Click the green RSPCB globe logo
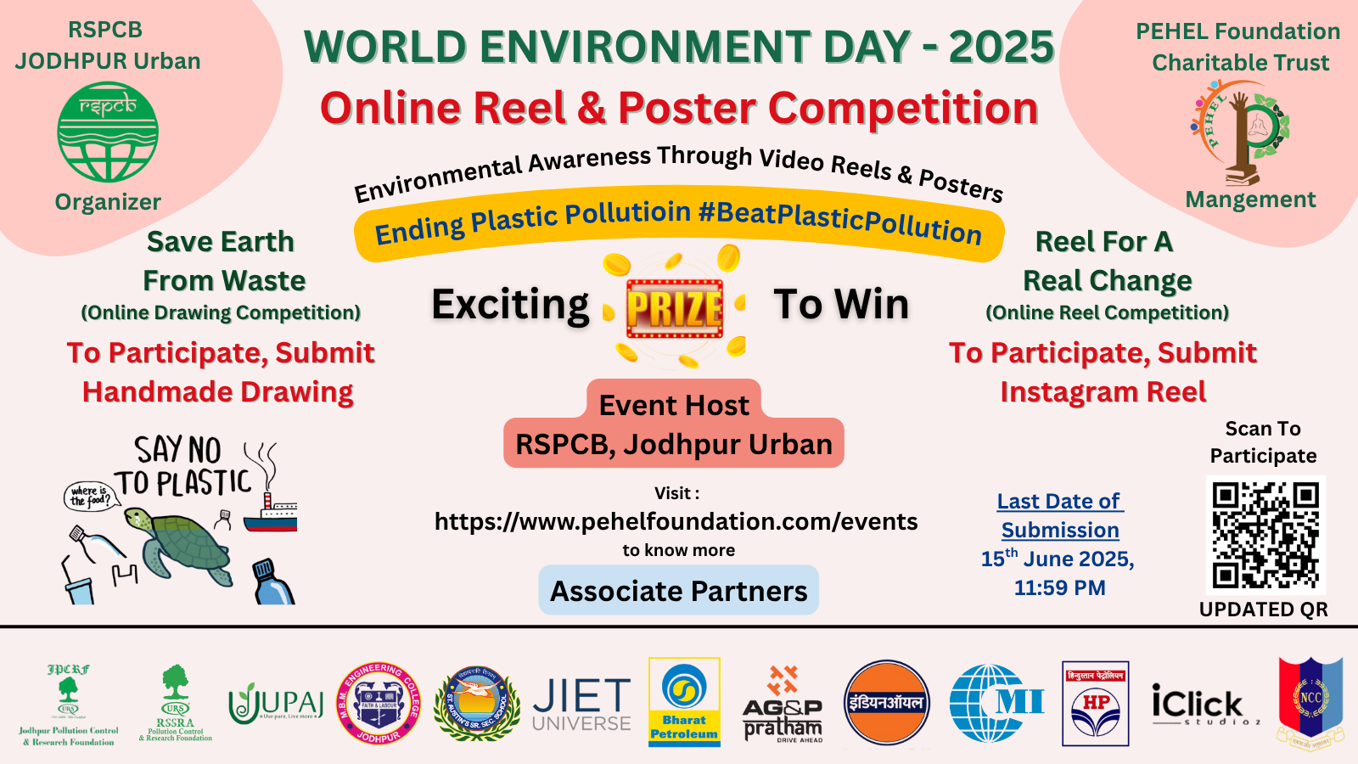click(x=108, y=132)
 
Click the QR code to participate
click(x=1265, y=535)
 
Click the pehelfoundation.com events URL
click(x=676, y=521)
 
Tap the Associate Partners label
click(x=678, y=591)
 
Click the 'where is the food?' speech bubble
click(x=90, y=496)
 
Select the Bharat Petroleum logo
click(x=684, y=702)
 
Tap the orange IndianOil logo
click(x=886, y=703)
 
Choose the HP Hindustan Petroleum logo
click(x=1095, y=704)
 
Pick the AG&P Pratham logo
click(x=783, y=705)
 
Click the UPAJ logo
click(x=276, y=704)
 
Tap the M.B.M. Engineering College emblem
click(x=379, y=704)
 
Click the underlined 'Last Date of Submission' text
click(x=1060, y=515)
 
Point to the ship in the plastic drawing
click(x=271, y=514)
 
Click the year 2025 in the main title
click(x=1001, y=47)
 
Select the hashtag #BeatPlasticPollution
click(x=839, y=220)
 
